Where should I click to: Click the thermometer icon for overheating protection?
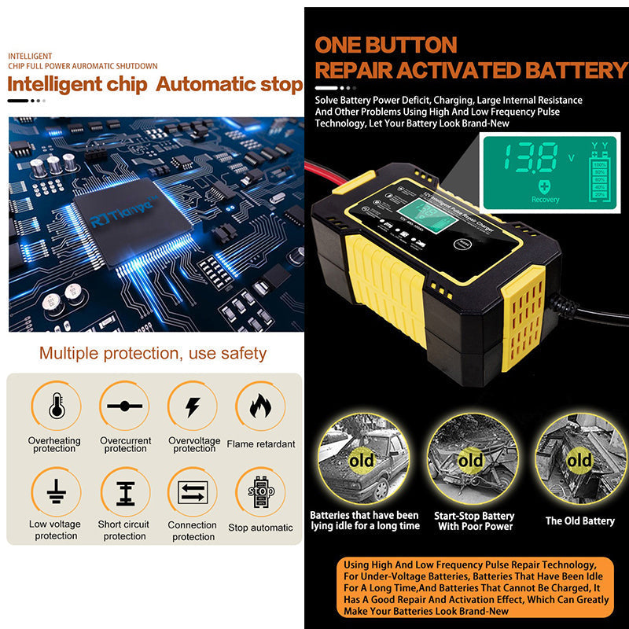tap(56, 406)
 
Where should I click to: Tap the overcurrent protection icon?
tap(124, 406)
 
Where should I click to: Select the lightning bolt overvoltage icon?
tap(193, 406)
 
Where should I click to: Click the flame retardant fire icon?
tap(260, 406)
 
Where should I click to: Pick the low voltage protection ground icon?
tap(56, 492)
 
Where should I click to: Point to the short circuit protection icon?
tap(124, 493)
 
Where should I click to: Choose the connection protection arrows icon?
tap(193, 493)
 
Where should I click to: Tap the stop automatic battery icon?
tap(260, 493)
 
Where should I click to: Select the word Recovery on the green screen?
tap(546, 199)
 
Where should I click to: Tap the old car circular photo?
tap(362, 459)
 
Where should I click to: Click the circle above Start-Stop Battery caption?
tap(471, 459)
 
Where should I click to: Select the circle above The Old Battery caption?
tap(579, 459)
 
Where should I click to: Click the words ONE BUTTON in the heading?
tap(385, 45)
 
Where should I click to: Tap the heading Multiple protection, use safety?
tap(153, 353)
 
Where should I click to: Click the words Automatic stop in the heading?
tap(229, 84)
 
